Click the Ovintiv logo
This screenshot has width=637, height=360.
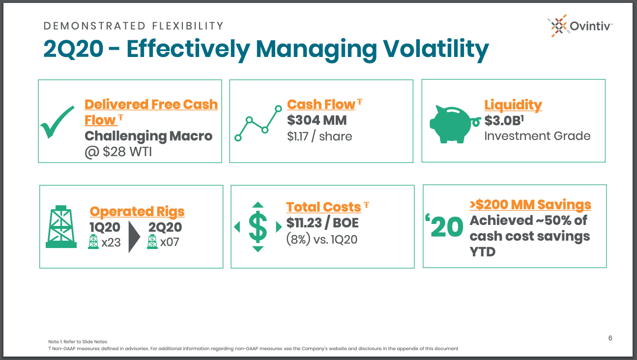point(580,26)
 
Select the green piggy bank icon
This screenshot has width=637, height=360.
point(455,124)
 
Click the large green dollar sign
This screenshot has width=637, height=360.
point(258,227)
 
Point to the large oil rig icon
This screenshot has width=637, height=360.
point(61,226)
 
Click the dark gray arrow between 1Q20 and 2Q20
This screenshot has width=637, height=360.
point(134,237)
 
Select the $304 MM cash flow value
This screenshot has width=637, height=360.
point(317,120)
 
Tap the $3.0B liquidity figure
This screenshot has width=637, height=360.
point(504,120)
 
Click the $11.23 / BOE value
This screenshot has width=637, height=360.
point(322,223)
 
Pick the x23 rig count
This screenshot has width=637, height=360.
point(111,242)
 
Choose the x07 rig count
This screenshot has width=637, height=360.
point(170,242)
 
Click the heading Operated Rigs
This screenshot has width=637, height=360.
point(137,212)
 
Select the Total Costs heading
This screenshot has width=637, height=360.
point(323,207)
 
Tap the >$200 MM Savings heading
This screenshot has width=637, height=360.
point(530,205)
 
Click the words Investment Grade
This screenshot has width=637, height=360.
point(538,136)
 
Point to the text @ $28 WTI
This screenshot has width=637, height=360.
point(118,152)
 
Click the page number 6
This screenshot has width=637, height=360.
point(610,338)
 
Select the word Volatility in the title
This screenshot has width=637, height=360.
point(435,49)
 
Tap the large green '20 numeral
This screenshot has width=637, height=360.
point(444,226)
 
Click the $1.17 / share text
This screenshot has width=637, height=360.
point(319,137)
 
